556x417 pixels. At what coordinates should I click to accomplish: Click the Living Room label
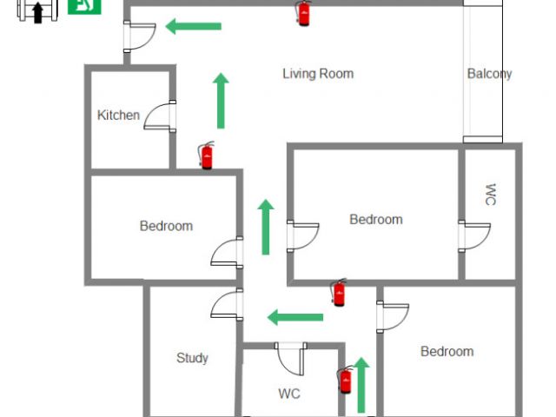pos(318,74)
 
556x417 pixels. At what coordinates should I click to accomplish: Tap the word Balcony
pos(489,74)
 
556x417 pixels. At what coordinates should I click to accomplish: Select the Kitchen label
pos(118,115)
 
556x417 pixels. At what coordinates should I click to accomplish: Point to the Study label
pos(192,357)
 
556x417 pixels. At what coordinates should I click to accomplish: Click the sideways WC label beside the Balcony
pos(490,195)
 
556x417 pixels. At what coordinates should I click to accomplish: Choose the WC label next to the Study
pos(289,394)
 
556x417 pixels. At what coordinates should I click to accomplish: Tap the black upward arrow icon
pos(37,12)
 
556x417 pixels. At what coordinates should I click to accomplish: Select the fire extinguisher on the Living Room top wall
pos(303,13)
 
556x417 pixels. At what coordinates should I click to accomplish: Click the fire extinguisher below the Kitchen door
pos(207,156)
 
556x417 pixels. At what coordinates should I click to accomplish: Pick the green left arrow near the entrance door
pos(193,26)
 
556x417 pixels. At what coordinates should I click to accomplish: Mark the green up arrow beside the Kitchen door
pos(221,101)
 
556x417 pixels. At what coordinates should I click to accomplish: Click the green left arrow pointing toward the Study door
pos(295,316)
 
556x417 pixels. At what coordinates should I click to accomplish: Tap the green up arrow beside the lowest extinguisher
pos(362,384)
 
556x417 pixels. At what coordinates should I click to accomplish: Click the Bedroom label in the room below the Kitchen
pos(166,226)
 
